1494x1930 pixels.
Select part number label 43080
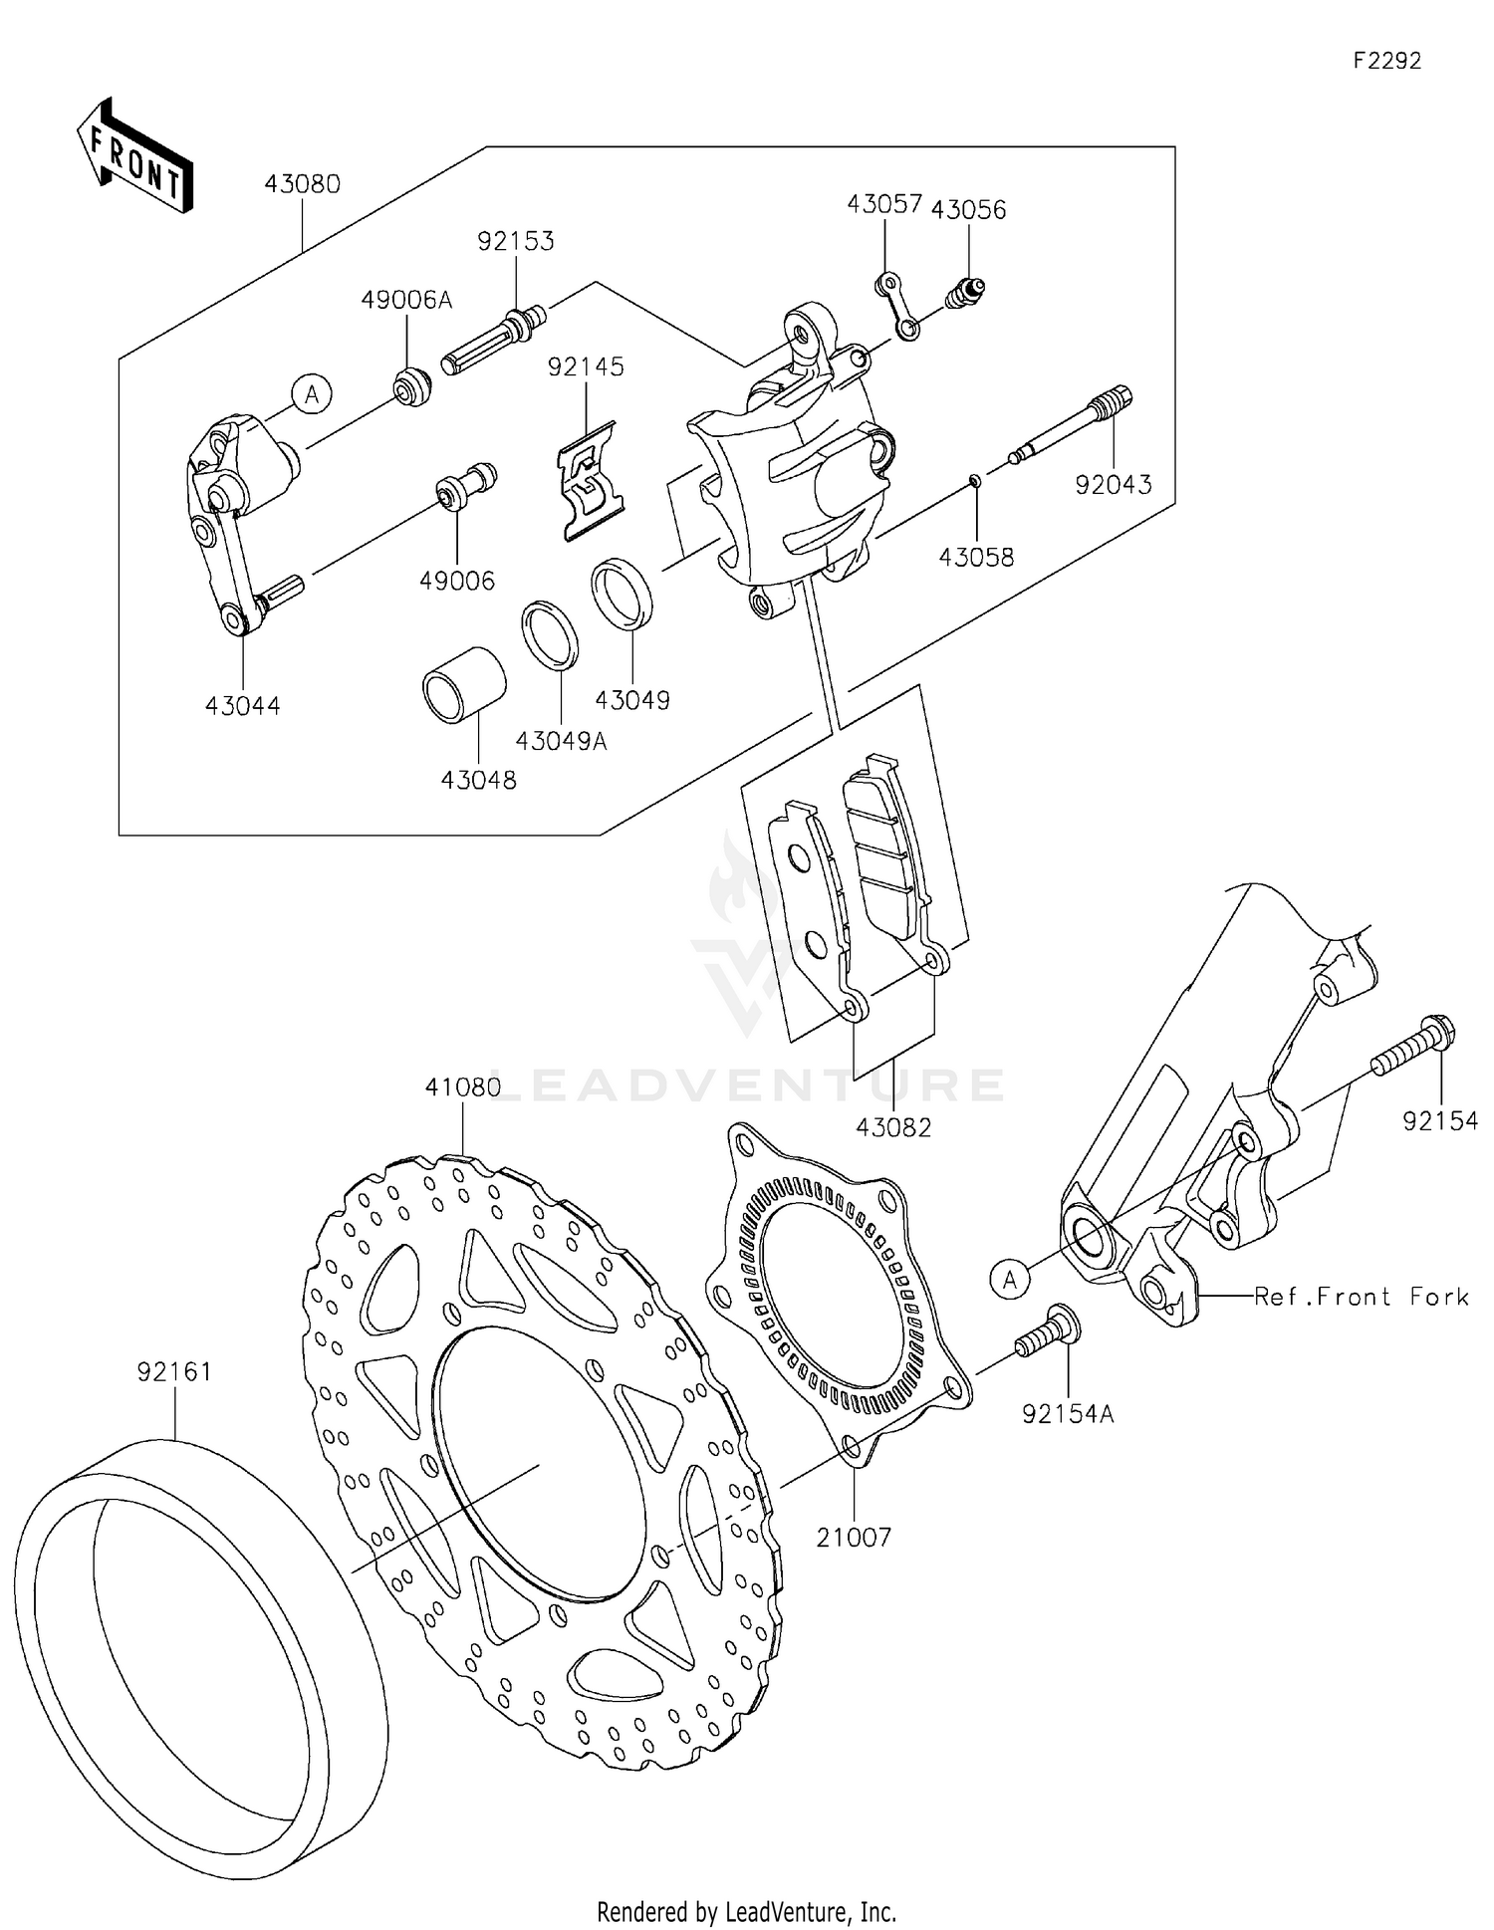tap(302, 184)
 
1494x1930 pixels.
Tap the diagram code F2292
tap(1386, 61)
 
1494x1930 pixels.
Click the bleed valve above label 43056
tap(965, 292)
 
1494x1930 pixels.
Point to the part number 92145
tap(586, 366)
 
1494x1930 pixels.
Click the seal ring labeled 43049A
tap(550, 633)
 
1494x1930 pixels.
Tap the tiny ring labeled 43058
tap(975, 482)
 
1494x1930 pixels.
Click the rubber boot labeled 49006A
tap(411, 385)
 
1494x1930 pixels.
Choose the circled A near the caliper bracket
tap(312, 395)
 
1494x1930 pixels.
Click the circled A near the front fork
tap(1010, 1279)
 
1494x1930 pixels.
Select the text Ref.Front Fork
tap(1361, 1297)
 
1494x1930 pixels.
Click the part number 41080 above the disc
tap(462, 1087)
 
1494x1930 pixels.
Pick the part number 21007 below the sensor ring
tap(854, 1537)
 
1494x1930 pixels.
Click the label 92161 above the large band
tap(174, 1372)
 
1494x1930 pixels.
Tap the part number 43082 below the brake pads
tap(893, 1127)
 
